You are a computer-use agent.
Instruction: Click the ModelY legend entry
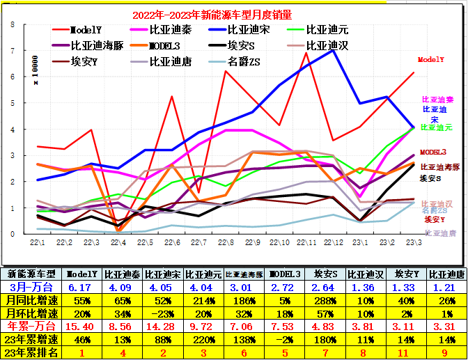(x=86, y=29)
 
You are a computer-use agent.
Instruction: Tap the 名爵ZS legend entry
(x=244, y=62)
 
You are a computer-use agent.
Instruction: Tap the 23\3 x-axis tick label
(x=413, y=242)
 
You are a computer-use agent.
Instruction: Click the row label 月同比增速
(x=32, y=299)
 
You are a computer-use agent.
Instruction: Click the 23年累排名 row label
(x=32, y=353)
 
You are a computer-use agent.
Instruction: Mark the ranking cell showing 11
(x=404, y=353)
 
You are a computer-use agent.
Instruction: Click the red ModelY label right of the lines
(x=431, y=60)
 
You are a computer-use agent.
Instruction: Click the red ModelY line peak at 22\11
(x=307, y=52)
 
